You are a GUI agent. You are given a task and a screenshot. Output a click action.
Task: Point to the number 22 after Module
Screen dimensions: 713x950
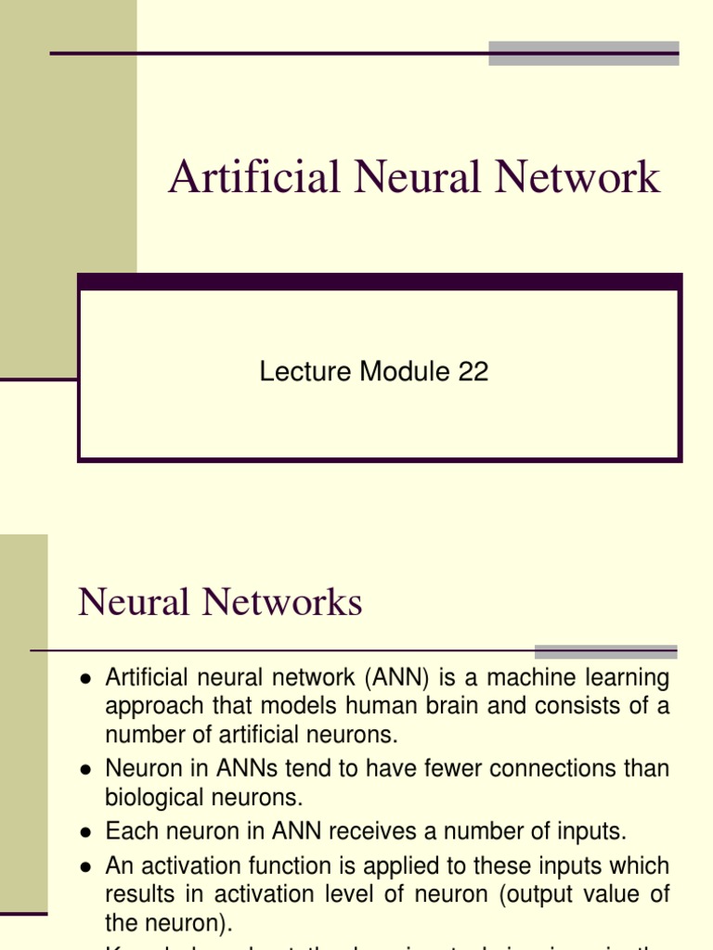pyautogui.click(x=473, y=372)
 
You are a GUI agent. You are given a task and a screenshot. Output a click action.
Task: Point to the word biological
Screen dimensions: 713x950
pyautogui.click(x=150, y=798)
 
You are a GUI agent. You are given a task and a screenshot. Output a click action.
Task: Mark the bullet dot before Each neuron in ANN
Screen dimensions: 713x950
pyautogui.click(x=85, y=831)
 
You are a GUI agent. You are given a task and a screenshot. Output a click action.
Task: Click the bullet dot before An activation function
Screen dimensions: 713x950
pyautogui.click(x=85, y=867)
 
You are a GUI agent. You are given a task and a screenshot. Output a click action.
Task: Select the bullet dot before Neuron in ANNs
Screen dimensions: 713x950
pyautogui.click(x=85, y=770)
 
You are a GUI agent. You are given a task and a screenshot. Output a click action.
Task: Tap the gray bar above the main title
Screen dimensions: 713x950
pyautogui.click(x=583, y=53)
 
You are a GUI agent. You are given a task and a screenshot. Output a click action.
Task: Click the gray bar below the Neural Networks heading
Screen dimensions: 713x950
pyautogui.click(x=605, y=651)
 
